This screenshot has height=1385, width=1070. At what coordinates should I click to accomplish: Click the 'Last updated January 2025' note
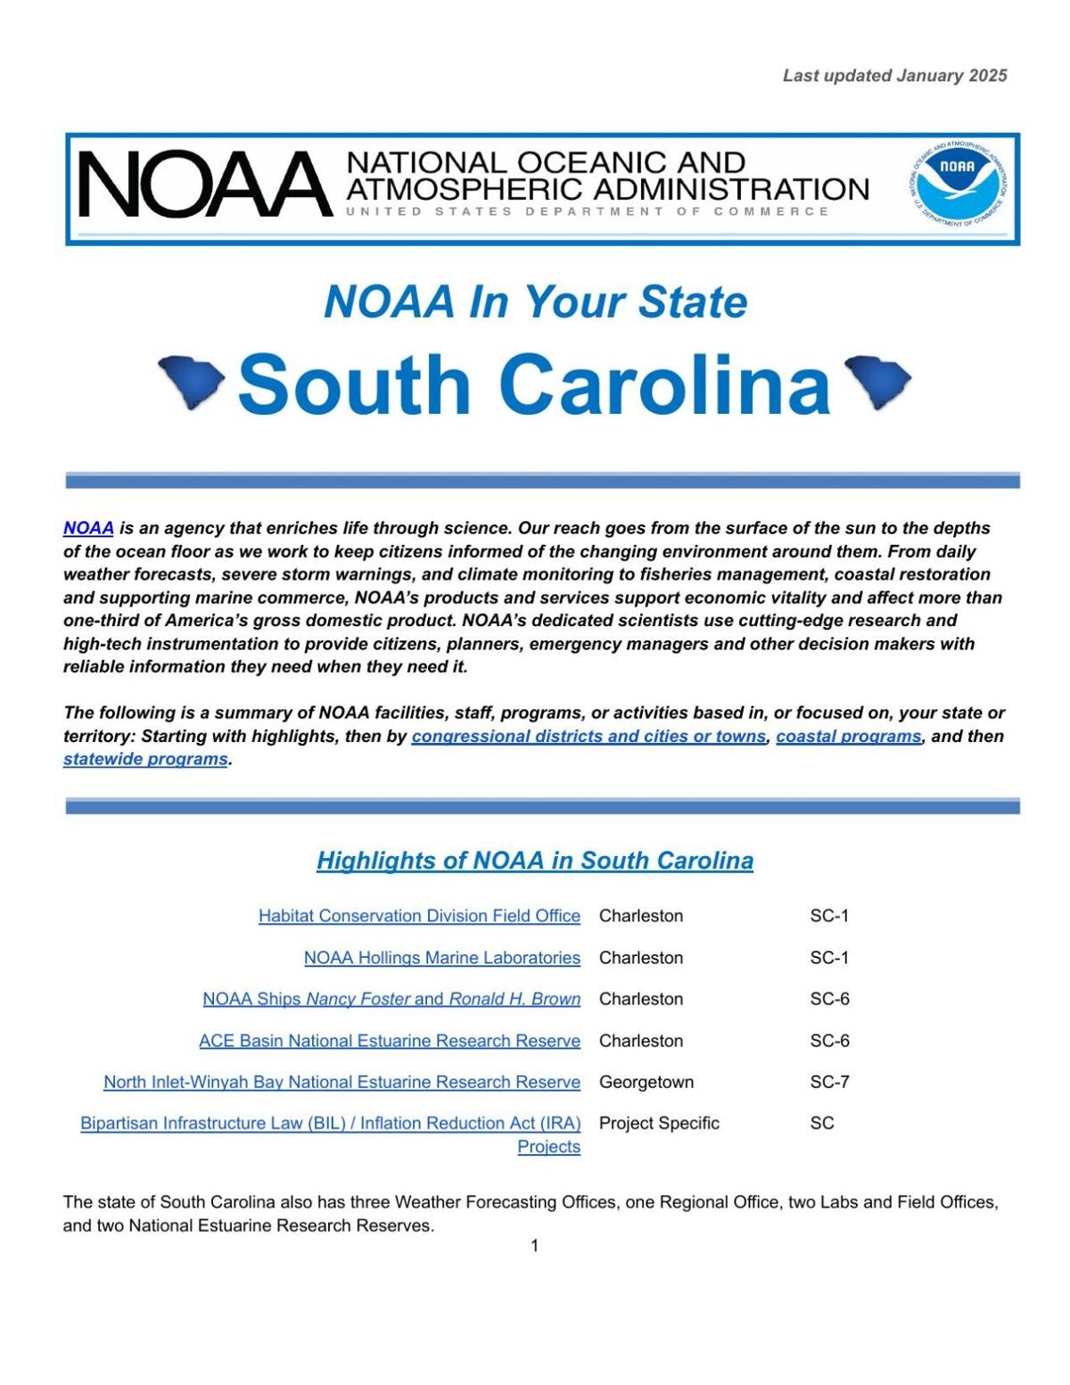pos(894,76)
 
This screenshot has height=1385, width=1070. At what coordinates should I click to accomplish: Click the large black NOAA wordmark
pos(204,185)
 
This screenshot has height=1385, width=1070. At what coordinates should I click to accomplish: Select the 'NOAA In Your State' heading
pos(535,301)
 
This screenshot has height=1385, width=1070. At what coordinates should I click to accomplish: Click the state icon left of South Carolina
pos(191,381)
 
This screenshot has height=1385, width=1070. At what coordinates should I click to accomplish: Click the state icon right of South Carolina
pos(877,381)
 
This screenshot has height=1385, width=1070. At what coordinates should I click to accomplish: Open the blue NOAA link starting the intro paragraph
pos(88,528)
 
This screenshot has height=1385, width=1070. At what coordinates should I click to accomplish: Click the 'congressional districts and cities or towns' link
pos(588,737)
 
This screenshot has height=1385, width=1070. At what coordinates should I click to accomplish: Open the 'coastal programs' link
pos(848,737)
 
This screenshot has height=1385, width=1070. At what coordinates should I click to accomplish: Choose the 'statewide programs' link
pos(145,760)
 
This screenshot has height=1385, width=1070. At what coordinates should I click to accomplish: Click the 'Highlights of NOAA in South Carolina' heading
pos(535,861)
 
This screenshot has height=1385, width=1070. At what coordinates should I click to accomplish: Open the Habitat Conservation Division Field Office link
pos(419,916)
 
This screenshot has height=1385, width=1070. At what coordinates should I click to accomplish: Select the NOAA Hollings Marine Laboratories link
pos(441,958)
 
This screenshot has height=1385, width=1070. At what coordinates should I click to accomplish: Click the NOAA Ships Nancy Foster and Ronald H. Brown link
pos(391,999)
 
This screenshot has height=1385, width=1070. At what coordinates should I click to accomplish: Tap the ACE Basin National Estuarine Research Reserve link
pos(390,1041)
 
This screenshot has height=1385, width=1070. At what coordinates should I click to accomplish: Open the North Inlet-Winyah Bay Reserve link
pos(342,1082)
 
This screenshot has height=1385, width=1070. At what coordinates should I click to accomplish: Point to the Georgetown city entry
pos(646,1082)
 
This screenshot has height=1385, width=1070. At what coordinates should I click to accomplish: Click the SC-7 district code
pos(829,1082)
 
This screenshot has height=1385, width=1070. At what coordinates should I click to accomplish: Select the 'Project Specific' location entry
pos(659,1123)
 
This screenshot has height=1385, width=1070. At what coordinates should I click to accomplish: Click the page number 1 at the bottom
pos(534,1246)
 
